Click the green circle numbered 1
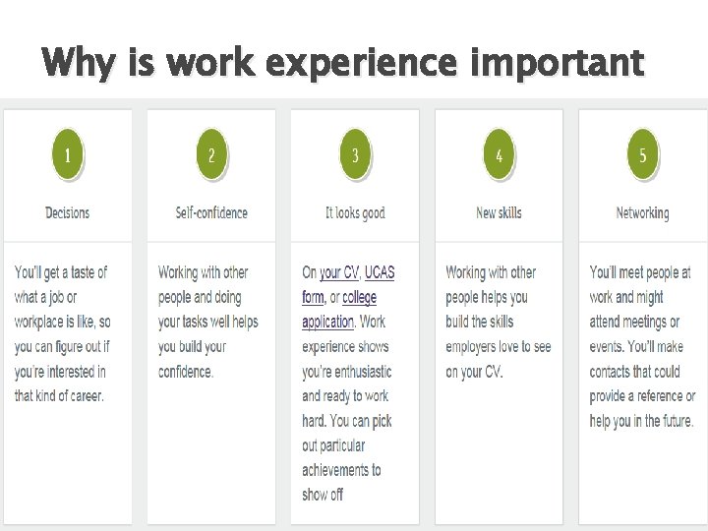67,155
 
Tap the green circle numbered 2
211,155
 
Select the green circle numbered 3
355,155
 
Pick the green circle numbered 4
500,155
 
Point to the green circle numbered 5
643,155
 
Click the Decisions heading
67,212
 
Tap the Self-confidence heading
211,212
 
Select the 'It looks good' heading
355,212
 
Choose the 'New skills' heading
499,212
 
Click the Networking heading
642,212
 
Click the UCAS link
380,272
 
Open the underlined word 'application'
327,322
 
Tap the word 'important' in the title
558,64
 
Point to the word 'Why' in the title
71,64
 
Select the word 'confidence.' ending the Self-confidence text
186,372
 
